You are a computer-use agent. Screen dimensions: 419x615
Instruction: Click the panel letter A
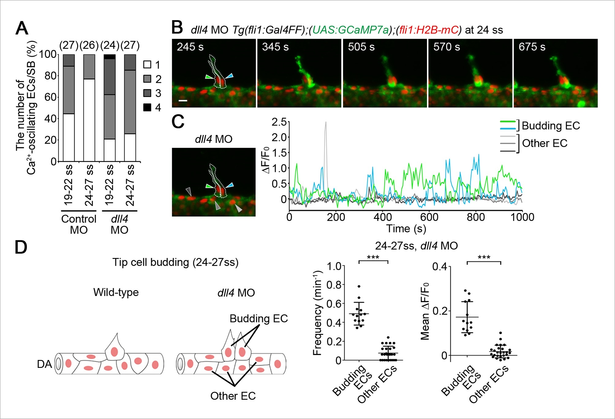pyautogui.click(x=22, y=28)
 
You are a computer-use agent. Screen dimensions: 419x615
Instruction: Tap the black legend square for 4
pyautogui.click(x=147, y=107)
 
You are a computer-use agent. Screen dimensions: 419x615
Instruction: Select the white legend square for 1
pyautogui.click(x=147, y=65)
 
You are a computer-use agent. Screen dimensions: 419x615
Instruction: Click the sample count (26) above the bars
pyautogui.click(x=89, y=45)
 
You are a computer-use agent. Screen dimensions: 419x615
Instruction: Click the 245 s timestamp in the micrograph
pyautogui.click(x=190, y=47)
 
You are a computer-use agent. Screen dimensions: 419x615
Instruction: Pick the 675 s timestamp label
pyautogui.click(x=532, y=47)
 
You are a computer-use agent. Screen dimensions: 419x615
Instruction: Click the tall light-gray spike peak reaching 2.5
pyautogui.click(x=326, y=122)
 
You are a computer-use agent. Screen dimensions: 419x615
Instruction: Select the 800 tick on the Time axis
pyautogui.click(x=476, y=217)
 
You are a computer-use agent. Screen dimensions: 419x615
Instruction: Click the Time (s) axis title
pyautogui.click(x=406, y=229)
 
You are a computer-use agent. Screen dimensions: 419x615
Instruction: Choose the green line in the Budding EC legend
pyautogui.click(x=507, y=122)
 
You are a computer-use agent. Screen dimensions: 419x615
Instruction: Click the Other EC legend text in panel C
pyautogui.click(x=545, y=143)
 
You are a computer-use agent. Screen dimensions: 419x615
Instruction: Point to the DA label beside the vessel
pyautogui.click(x=44, y=364)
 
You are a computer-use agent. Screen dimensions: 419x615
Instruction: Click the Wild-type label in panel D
pyautogui.click(x=116, y=292)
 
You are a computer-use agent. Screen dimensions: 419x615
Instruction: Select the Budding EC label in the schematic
pyautogui.click(x=259, y=319)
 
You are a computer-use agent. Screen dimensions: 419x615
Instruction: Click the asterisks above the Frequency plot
pyautogui.click(x=373, y=257)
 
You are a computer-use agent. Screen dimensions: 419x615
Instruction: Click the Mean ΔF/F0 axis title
pyautogui.click(x=425, y=311)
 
